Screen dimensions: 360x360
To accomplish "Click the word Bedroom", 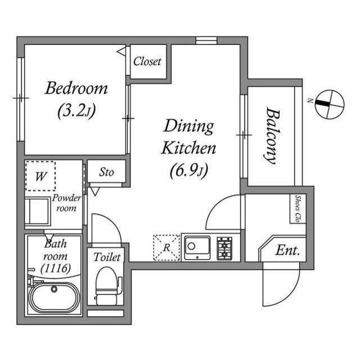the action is [x=76, y=88].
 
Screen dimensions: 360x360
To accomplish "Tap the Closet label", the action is [x=147, y=61].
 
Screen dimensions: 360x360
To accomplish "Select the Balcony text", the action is [x=273, y=136].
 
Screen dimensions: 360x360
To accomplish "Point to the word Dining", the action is [x=188, y=127].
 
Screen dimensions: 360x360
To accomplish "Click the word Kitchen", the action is [x=188, y=148].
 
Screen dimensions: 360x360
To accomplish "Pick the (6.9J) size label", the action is [x=189, y=170].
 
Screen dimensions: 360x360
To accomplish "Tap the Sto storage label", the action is [x=106, y=172].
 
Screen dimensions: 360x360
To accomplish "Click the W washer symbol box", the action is [x=40, y=176].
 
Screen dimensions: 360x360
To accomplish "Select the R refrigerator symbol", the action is [x=166, y=247].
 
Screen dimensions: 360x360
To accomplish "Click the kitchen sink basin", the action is [x=197, y=247].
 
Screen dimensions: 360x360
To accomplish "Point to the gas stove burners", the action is [x=224, y=249].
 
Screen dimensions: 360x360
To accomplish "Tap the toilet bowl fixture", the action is [x=107, y=286].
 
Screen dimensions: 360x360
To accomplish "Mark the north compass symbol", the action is [x=330, y=105].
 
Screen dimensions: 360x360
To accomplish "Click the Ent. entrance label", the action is [x=287, y=250].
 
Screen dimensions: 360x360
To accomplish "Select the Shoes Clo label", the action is [x=298, y=209].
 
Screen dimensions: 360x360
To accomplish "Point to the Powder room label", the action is [x=66, y=202].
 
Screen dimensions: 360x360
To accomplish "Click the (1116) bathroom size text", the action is [x=55, y=268].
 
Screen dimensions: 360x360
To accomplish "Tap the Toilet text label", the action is [x=107, y=256].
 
